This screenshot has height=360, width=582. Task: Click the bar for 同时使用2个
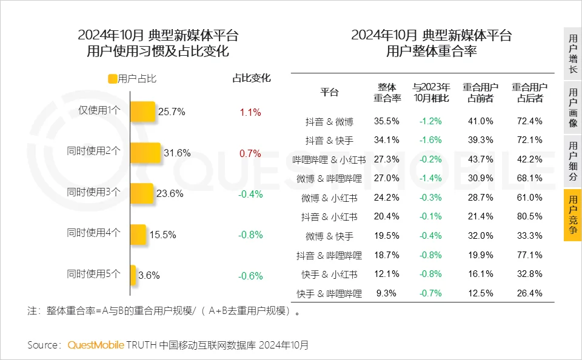click(x=145, y=153)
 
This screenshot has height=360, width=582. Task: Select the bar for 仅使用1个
click(x=143, y=112)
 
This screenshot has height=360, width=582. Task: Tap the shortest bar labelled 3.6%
click(x=133, y=275)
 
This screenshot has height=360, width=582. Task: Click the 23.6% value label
click(x=170, y=193)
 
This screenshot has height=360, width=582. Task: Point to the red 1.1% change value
click(x=250, y=112)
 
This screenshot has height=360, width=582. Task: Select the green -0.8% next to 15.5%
click(x=250, y=235)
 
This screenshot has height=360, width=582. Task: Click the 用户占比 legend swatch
click(x=112, y=79)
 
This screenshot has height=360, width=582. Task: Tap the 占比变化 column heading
click(x=252, y=78)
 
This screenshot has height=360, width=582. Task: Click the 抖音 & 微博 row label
click(x=329, y=121)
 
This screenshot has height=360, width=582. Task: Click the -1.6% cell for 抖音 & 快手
click(x=430, y=140)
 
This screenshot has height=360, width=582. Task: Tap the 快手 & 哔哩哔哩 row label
click(x=329, y=294)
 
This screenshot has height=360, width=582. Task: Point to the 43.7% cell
click(x=481, y=159)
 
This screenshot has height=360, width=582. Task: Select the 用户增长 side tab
click(x=572, y=54)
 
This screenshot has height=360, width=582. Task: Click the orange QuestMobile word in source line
click(x=96, y=345)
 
